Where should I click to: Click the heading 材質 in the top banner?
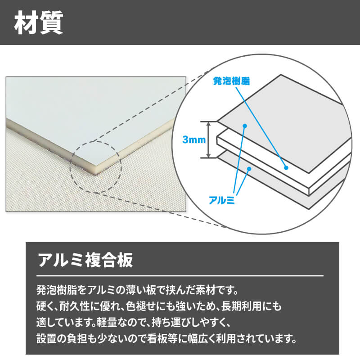[x=39, y=23]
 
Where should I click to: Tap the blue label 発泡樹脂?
[x=231, y=81]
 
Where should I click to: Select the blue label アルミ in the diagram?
[x=221, y=200]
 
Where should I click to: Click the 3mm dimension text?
[x=194, y=139]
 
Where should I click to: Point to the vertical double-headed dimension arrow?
[x=208, y=139]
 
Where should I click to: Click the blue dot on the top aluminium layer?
[x=245, y=126]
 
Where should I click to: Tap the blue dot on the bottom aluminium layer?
[x=249, y=169]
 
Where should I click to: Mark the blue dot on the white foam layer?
[x=286, y=168]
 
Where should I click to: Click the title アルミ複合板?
[x=85, y=260]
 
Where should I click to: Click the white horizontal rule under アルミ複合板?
[x=180, y=275]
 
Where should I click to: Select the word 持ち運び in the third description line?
[x=171, y=322]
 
